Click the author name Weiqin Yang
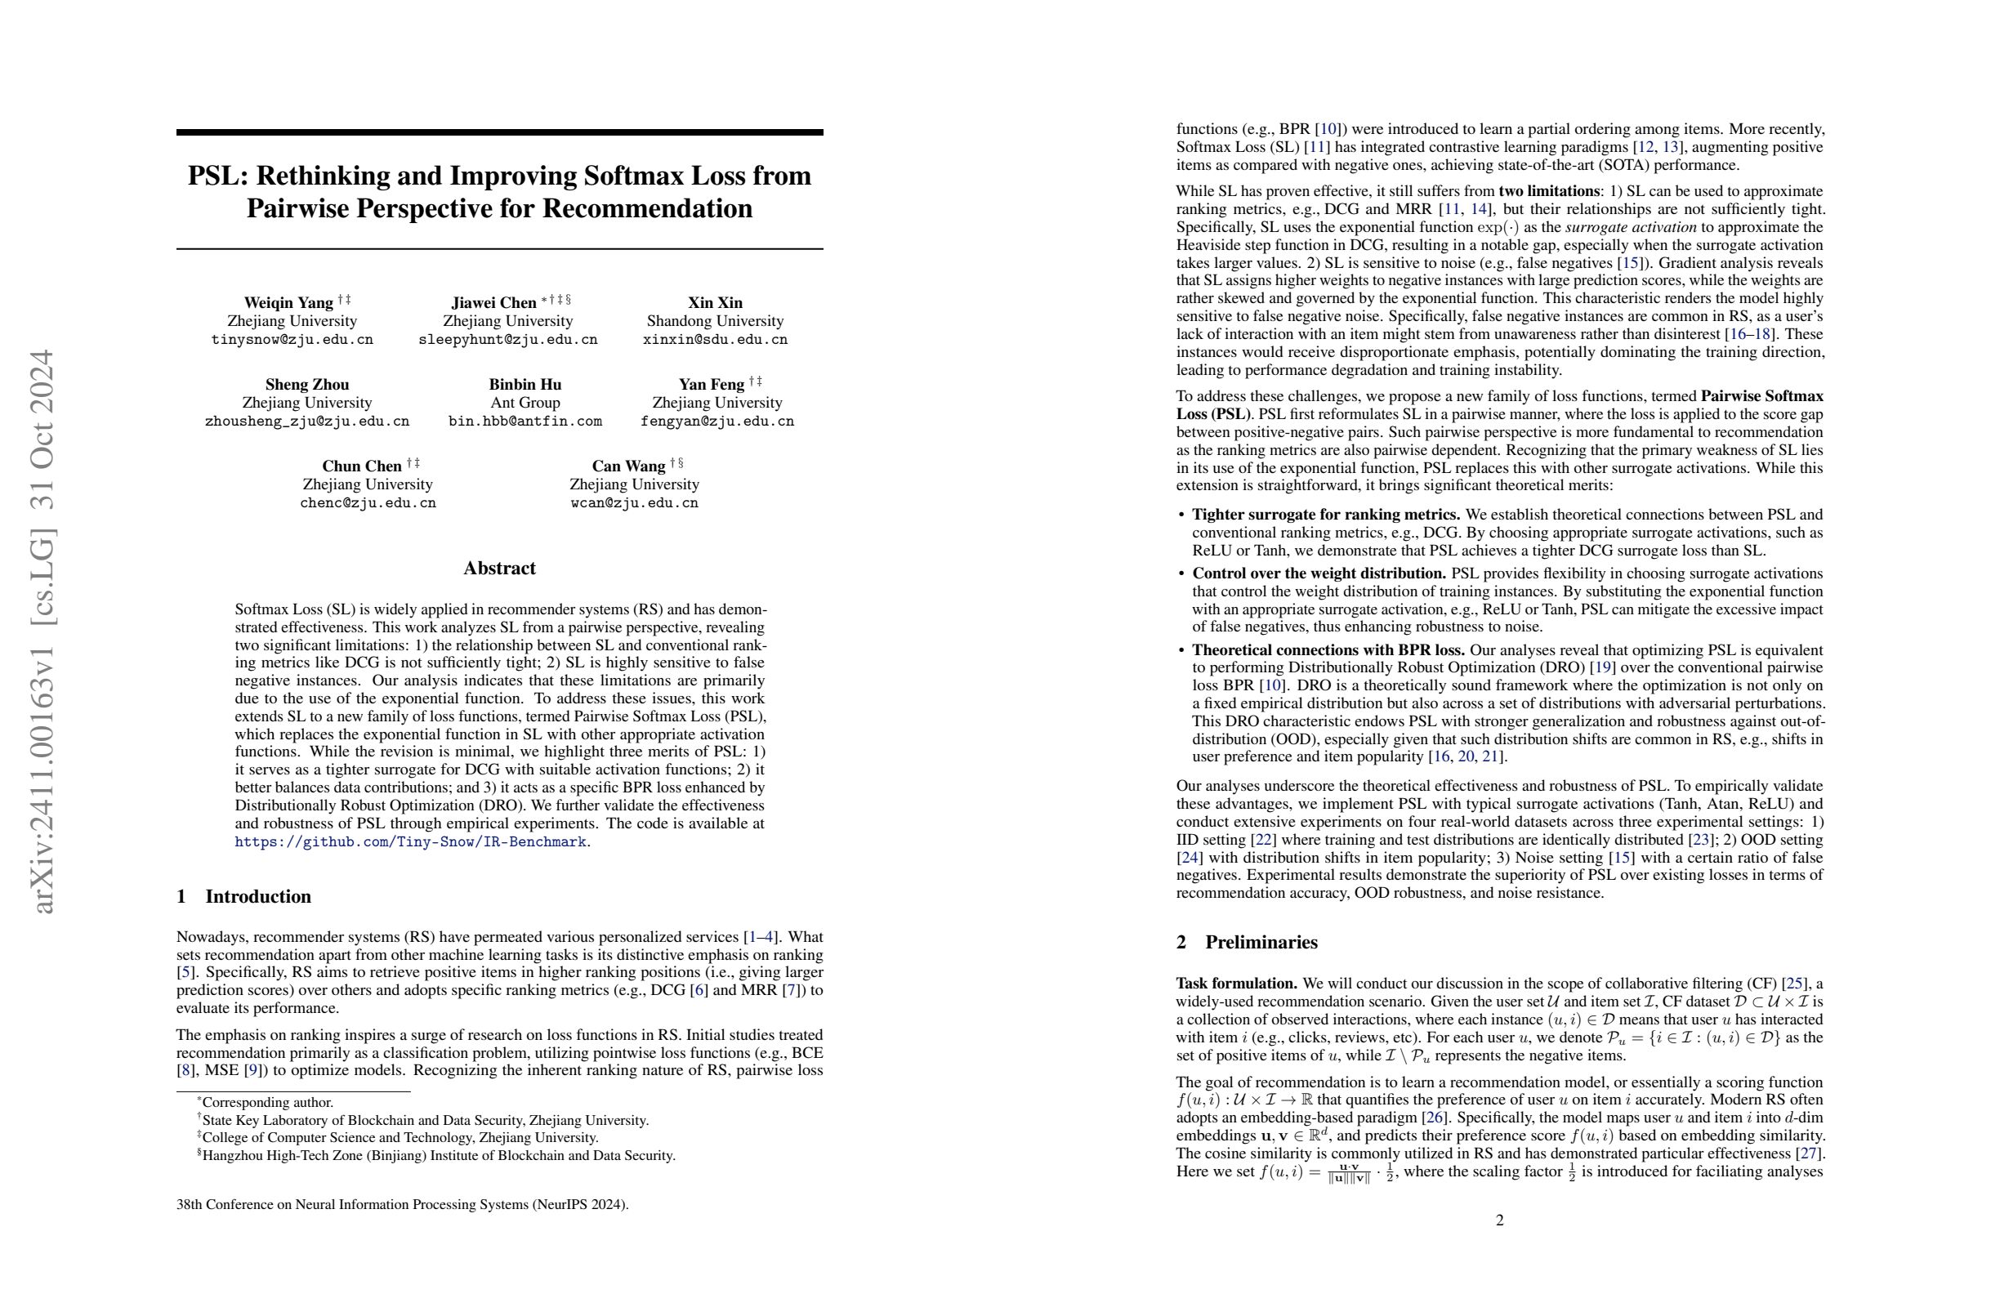[288, 302]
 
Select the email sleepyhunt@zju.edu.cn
[507, 340]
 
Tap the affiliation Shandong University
[715, 321]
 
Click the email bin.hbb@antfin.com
[525, 421]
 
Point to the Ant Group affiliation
[525, 403]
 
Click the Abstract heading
[499, 568]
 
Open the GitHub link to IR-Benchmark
[410, 842]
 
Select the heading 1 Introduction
[243, 896]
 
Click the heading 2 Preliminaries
[1246, 942]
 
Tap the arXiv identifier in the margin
[42, 630]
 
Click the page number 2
[1500, 1220]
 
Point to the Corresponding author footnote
[266, 1102]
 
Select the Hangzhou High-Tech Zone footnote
[437, 1155]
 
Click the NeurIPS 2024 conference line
[403, 1204]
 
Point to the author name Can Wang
[628, 466]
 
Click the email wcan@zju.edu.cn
[635, 503]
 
